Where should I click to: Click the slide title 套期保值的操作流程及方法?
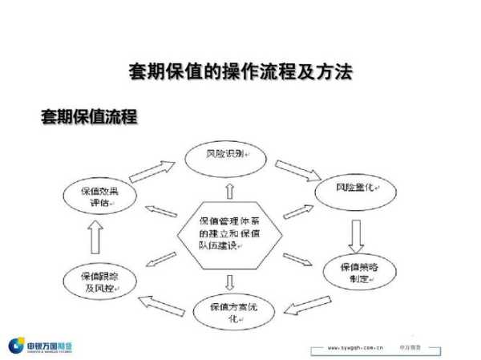point(240,72)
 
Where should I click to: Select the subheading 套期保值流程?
point(89,117)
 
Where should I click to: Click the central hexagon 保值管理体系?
point(229,233)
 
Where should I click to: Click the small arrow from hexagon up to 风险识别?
point(230,189)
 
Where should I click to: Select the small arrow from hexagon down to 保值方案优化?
point(230,281)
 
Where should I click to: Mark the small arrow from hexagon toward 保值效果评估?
point(162,212)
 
